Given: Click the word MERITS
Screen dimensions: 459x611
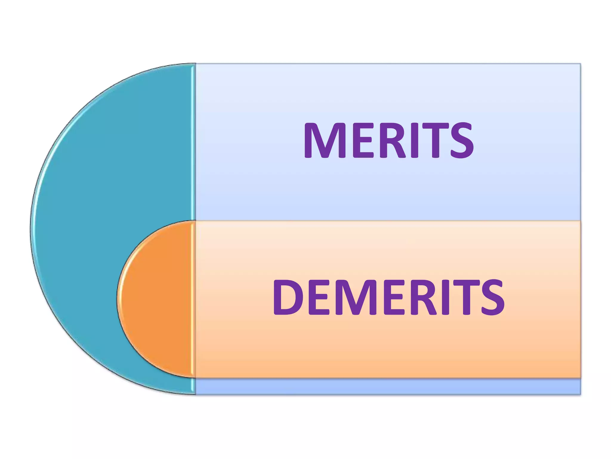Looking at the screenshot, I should click(388, 140).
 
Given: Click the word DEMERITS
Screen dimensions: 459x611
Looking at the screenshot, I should click(388, 297).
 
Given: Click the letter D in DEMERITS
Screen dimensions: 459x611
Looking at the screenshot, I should click(287, 297).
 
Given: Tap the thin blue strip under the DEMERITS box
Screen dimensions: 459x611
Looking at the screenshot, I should click(388, 386).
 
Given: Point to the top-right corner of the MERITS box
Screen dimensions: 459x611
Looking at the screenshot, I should click(580, 64).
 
